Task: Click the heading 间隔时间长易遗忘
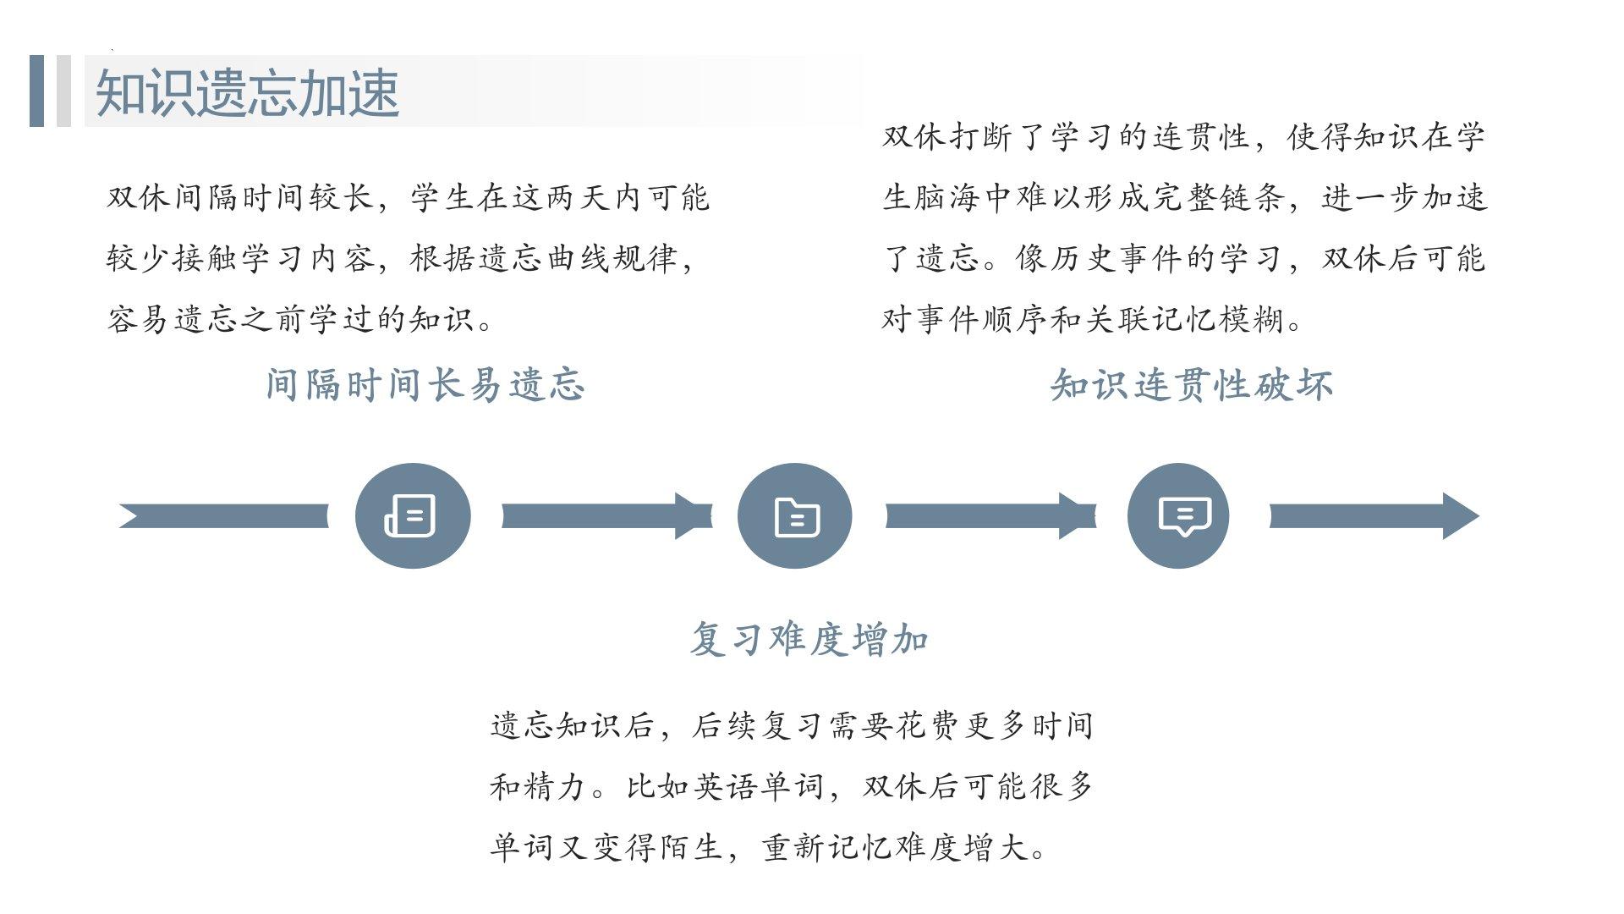coord(425,385)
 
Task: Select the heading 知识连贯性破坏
coord(1191,385)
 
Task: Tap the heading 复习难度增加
coord(809,639)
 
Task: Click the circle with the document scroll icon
coord(412,515)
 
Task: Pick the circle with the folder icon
coord(795,515)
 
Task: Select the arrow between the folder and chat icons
coord(990,515)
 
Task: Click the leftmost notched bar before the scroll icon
coord(224,515)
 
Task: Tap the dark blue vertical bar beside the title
coord(36,91)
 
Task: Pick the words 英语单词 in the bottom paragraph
coord(759,787)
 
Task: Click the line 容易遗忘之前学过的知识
coord(299,320)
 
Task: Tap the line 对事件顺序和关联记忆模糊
coord(1091,320)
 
